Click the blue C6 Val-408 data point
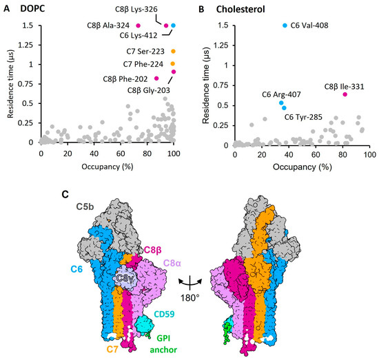285,25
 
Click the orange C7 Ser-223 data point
173,51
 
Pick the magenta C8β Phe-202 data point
157,78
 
